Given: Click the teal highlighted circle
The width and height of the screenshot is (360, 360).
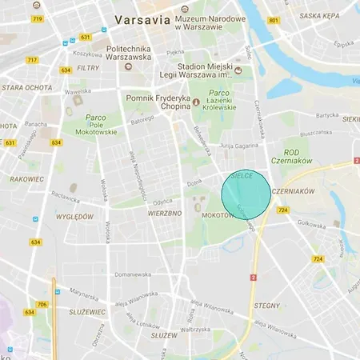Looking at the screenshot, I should coord(246,194).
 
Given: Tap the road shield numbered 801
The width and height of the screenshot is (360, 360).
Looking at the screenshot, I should coord(274,21).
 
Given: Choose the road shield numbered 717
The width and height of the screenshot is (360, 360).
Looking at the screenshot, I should coord(32,60).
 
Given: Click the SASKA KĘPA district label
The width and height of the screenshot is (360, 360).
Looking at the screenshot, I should coord(314,15).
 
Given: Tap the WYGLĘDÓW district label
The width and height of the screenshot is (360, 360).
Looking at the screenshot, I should coord(74,217).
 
